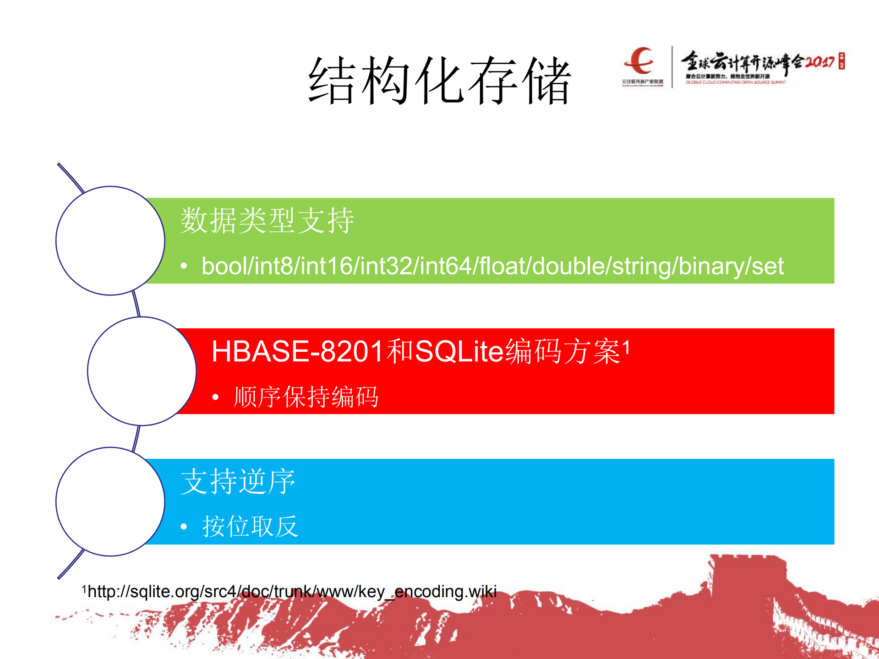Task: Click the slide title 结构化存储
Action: (x=440, y=81)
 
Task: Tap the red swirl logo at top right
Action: (x=640, y=61)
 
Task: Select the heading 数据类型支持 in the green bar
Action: (x=267, y=220)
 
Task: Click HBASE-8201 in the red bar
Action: (x=297, y=352)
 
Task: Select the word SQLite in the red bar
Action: (x=459, y=352)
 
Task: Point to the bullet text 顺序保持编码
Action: (x=306, y=397)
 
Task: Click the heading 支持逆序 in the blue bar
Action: (x=238, y=481)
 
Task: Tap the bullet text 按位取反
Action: (x=250, y=526)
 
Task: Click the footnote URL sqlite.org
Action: (x=292, y=591)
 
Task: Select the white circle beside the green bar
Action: (x=110, y=240)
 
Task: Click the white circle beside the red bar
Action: (x=142, y=371)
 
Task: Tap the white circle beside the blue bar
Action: (x=110, y=501)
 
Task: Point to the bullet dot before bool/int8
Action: (x=184, y=266)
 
